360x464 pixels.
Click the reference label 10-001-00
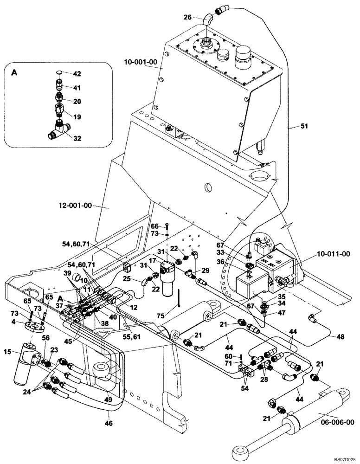click(x=141, y=61)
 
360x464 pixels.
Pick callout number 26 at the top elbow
click(x=187, y=18)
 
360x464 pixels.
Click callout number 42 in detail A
click(x=77, y=74)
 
